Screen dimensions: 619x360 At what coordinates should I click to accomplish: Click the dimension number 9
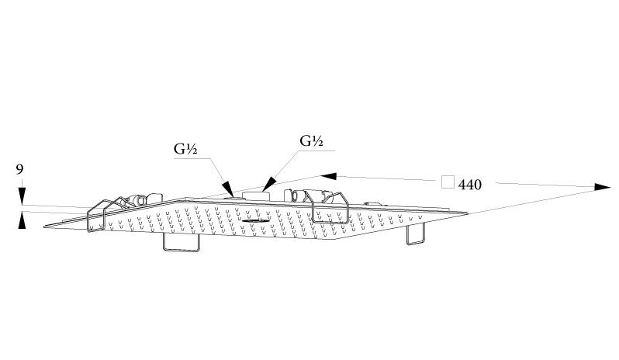(19, 170)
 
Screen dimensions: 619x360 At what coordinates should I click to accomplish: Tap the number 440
(470, 185)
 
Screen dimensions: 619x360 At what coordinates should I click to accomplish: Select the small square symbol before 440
(448, 182)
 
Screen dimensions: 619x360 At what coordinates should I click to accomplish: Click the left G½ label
(185, 149)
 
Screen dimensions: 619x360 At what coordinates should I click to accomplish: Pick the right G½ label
(312, 141)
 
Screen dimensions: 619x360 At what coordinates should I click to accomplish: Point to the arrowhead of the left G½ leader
(227, 188)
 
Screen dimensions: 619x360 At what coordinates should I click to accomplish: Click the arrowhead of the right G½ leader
(269, 184)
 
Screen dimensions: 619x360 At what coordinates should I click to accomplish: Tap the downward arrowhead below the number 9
(22, 196)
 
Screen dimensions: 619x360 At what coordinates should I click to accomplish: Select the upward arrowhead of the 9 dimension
(22, 220)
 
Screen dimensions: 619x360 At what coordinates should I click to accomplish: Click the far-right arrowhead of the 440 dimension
(603, 187)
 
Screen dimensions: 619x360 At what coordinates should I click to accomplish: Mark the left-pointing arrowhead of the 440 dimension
(329, 176)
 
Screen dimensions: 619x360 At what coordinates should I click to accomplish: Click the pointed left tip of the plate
(45, 227)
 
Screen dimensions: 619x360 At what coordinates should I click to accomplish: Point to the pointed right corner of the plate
(467, 213)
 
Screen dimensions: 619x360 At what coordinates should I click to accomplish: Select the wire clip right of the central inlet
(330, 208)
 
